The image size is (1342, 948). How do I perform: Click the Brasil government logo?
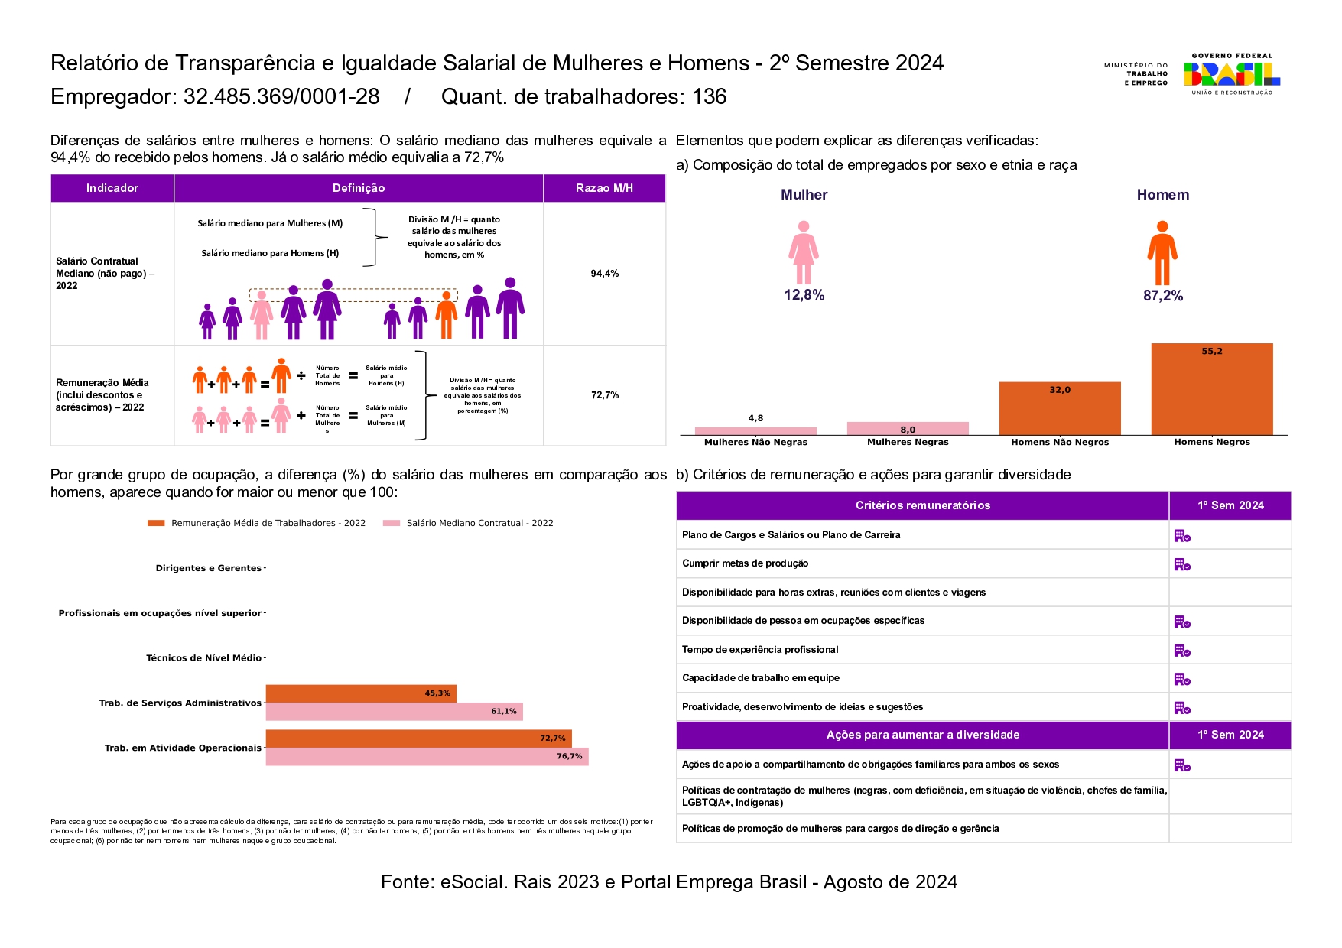click(1231, 73)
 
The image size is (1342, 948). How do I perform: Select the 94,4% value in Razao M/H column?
click(604, 274)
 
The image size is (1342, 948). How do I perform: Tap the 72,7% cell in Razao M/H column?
click(604, 395)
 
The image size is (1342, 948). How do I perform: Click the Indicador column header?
click(112, 188)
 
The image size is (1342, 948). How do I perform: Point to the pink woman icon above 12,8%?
click(803, 252)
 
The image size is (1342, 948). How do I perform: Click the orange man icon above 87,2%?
click(1162, 253)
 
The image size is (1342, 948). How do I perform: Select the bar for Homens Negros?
click(1211, 389)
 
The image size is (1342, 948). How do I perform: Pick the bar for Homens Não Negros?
click(1059, 408)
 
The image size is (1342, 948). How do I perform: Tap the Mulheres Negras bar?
click(908, 428)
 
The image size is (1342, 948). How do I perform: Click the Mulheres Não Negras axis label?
click(755, 442)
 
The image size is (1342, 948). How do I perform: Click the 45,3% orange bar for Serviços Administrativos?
click(361, 693)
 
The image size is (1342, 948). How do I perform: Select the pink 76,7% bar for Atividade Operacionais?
click(427, 756)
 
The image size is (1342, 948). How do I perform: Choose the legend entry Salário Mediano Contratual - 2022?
click(479, 523)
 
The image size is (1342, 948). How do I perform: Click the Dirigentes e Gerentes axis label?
click(208, 568)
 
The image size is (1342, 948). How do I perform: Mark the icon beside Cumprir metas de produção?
click(1182, 564)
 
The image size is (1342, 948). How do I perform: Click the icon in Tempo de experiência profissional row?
click(1182, 651)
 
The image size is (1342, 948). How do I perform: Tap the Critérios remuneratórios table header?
click(922, 505)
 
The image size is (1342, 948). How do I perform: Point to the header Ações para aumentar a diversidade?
click(922, 735)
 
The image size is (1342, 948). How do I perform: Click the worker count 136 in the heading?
click(709, 97)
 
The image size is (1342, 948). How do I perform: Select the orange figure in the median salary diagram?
click(446, 314)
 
